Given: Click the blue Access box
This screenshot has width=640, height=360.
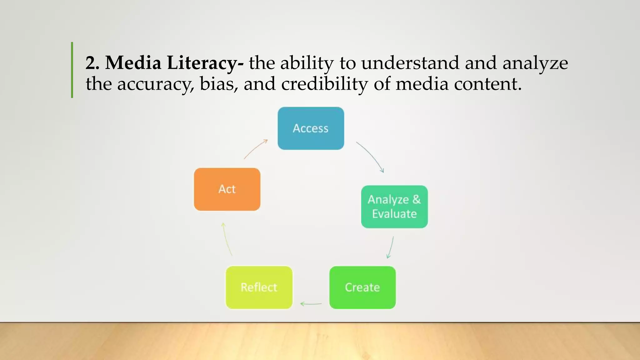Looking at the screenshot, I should point(311,128).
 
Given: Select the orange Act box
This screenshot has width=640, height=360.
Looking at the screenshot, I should point(227,189).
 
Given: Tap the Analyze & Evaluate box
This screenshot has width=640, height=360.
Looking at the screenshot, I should point(394,207).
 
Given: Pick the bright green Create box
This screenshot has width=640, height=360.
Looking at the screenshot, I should point(362,287).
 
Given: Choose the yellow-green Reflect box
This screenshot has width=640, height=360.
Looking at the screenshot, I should point(259,287).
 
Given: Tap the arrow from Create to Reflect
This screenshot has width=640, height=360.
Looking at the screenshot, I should point(311,303).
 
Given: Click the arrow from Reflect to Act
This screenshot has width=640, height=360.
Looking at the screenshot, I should point(227,239).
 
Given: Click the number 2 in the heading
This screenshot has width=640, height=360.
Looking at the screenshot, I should point(92,63).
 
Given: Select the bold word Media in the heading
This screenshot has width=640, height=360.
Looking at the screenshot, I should point(133,63).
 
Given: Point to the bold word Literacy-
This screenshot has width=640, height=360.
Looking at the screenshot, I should point(205,63).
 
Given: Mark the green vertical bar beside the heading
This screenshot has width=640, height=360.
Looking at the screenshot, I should point(72,70).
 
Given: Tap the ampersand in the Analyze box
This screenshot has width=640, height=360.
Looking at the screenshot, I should point(416,199).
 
